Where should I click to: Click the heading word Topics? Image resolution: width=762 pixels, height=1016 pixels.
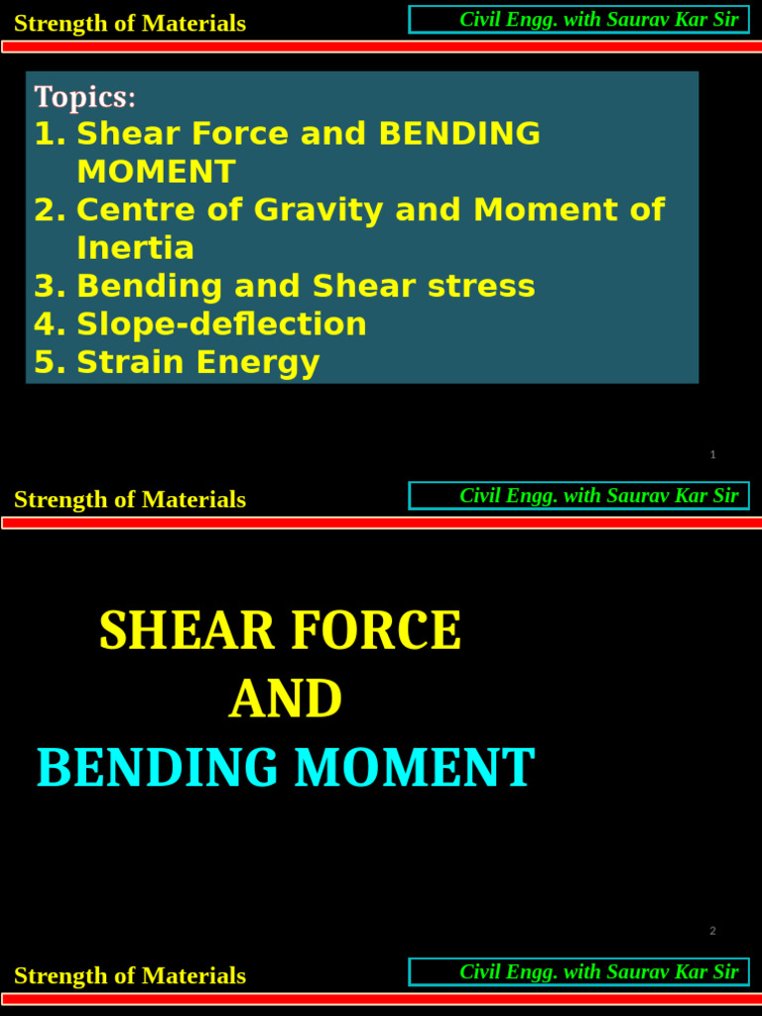tap(85, 97)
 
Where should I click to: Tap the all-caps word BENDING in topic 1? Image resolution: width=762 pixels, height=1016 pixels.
tap(459, 134)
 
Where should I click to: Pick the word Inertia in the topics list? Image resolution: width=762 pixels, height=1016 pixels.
tap(135, 248)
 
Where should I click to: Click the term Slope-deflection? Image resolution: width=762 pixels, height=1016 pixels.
tap(221, 324)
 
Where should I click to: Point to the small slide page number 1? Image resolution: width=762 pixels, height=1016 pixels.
tap(712, 454)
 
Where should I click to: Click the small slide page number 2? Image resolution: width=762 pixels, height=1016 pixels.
tap(712, 931)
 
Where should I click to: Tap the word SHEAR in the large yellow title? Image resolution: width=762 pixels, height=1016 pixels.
tap(174, 631)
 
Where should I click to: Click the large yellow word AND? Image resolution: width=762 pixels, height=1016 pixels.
tap(286, 699)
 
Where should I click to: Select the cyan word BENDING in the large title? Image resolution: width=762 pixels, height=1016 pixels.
tap(158, 769)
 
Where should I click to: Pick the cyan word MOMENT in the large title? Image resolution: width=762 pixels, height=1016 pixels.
tap(414, 769)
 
